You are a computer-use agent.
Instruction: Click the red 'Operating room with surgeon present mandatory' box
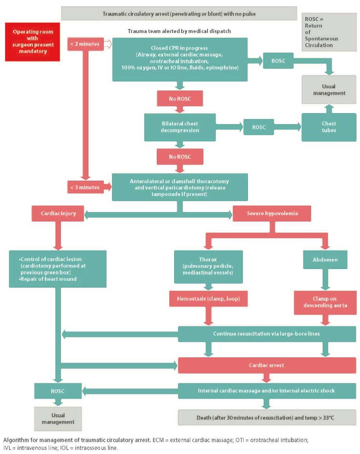click(x=33, y=42)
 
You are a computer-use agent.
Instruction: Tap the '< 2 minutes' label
click(x=85, y=44)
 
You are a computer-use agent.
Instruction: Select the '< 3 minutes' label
click(x=85, y=187)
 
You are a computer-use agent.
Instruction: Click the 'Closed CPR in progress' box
click(x=180, y=60)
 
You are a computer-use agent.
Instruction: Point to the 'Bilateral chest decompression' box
click(x=180, y=127)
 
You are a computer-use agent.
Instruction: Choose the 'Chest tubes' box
click(x=329, y=127)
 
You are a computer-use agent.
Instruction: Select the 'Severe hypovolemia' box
click(x=272, y=214)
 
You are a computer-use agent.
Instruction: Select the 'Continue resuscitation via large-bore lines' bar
click(x=266, y=333)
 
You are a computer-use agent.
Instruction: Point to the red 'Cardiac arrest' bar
click(x=266, y=365)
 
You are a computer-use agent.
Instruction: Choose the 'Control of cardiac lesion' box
click(x=58, y=269)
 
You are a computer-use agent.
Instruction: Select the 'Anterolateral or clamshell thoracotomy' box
click(x=180, y=187)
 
